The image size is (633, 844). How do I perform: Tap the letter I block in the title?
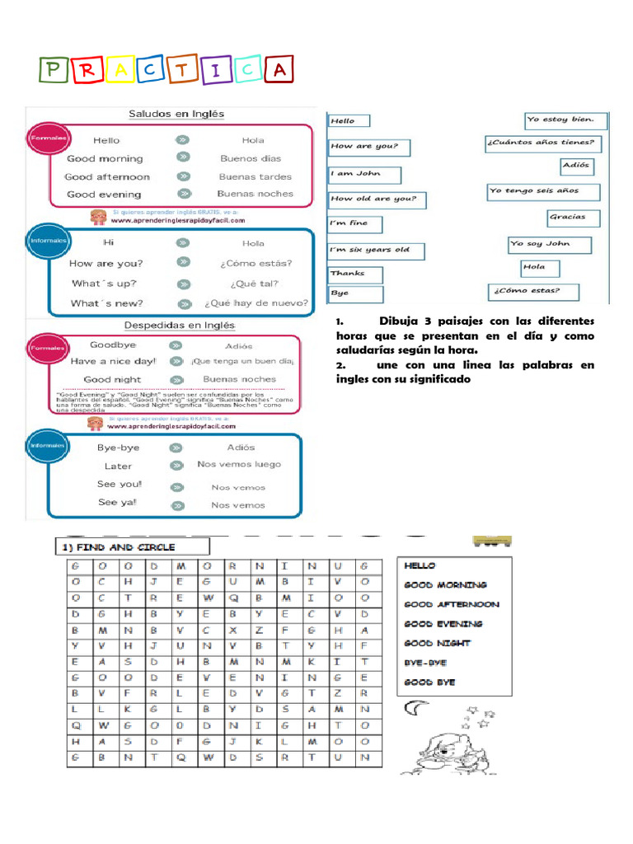coord(215,72)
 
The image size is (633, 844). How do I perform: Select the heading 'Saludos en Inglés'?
coord(176,114)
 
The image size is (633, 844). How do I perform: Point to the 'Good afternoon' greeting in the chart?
coord(107,176)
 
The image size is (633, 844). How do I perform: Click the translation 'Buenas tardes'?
coord(255,176)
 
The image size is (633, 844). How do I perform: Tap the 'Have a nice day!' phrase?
coord(113,361)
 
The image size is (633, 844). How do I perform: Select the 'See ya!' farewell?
coord(117,503)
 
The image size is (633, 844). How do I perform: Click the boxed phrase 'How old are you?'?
coord(373,199)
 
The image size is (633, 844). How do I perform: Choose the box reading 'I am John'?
coord(364,174)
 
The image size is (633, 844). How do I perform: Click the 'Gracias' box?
coord(573,218)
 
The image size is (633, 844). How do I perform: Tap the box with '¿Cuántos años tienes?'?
coord(542,143)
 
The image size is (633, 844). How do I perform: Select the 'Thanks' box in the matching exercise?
coord(355,274)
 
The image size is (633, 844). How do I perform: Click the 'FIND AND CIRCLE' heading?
coord(132,546)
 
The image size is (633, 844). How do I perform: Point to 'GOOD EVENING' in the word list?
coord(443,624)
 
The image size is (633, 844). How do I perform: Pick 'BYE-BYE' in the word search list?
coord(426,663)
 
